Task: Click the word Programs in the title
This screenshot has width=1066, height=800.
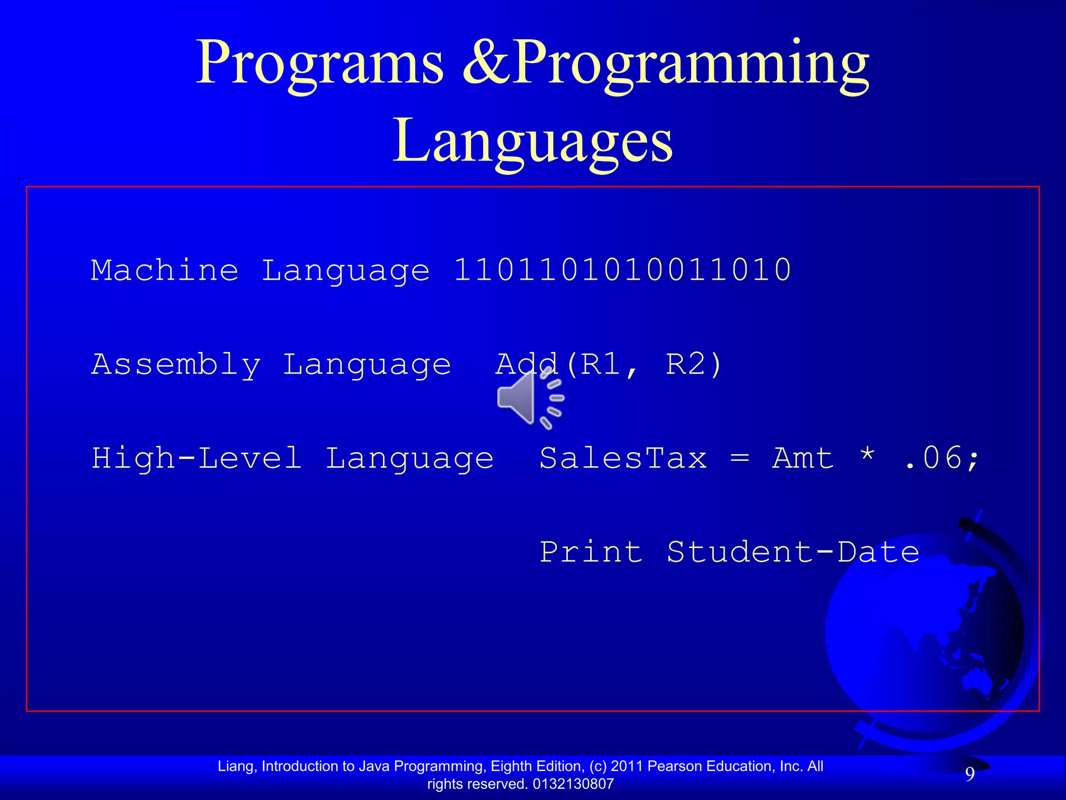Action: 319,64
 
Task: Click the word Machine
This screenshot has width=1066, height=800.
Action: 164,270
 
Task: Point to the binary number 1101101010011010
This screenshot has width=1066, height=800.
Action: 623,270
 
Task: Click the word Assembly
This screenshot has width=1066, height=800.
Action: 176,364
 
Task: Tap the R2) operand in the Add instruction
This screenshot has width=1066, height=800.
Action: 694,364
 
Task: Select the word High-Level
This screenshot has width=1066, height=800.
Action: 197,458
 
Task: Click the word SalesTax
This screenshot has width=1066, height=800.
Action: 623,458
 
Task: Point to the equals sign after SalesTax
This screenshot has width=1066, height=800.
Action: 740,458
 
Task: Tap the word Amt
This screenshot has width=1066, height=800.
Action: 803,458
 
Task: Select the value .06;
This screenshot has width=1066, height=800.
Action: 942,458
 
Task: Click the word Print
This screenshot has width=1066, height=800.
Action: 591,552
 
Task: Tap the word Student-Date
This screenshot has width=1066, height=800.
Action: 793,552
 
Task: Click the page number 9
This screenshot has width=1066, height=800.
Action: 970,774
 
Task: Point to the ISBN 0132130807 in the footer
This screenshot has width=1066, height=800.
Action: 573,784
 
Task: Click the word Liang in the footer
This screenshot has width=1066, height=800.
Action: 236,766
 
